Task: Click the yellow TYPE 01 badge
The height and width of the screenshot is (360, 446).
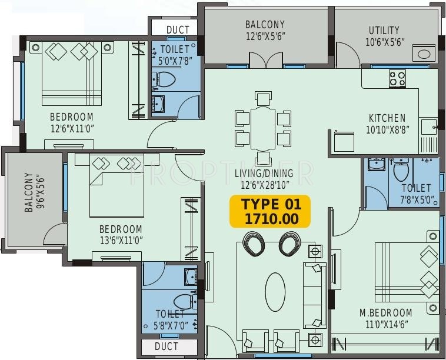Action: (x=271, y=212)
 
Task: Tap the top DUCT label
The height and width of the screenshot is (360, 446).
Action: (x=178, y=30)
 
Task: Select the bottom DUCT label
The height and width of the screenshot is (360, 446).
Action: (x=166, y=346)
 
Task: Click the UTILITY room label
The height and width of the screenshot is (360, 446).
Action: (x=384, y=30)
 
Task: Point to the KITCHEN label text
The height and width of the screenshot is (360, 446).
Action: (x=387, y=118)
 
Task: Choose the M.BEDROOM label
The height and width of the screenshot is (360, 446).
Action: (x=385, y=312)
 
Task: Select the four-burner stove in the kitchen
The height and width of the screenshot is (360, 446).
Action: (x=397, y=78)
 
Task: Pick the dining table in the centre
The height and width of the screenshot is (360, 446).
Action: (x=263, y=128)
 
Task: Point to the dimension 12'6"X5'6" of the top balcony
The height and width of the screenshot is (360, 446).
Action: (x=265, y=35)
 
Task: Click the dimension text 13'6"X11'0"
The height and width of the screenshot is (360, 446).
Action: (x=120, y=239)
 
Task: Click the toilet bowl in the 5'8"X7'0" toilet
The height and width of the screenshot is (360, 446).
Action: (x=184, y=301)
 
